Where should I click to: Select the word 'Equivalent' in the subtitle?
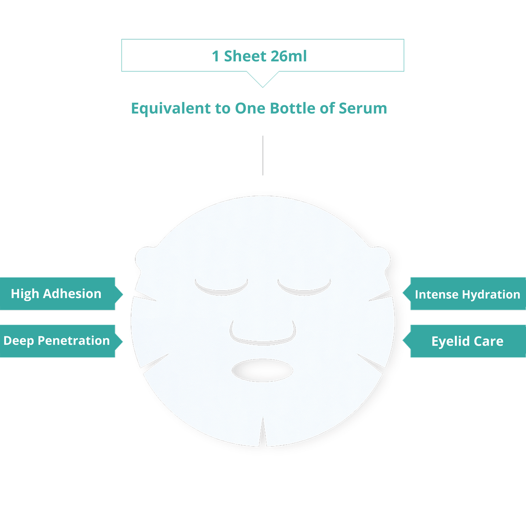click(171, 108)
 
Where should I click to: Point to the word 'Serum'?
click(363, 108)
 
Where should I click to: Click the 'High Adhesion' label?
click(56, 294)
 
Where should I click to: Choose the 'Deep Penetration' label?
click(57, 341)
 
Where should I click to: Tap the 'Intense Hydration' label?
click(467, 294)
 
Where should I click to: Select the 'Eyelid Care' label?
click(467, 341)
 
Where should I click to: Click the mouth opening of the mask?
click(262, 370)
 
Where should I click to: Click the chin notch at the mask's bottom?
click(263, 433)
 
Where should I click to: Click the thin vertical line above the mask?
click(263, 155)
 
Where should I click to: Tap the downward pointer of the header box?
click(263, 87)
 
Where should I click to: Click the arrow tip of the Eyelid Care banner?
click(403, 341)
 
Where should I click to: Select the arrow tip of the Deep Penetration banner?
click(123, 341)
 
